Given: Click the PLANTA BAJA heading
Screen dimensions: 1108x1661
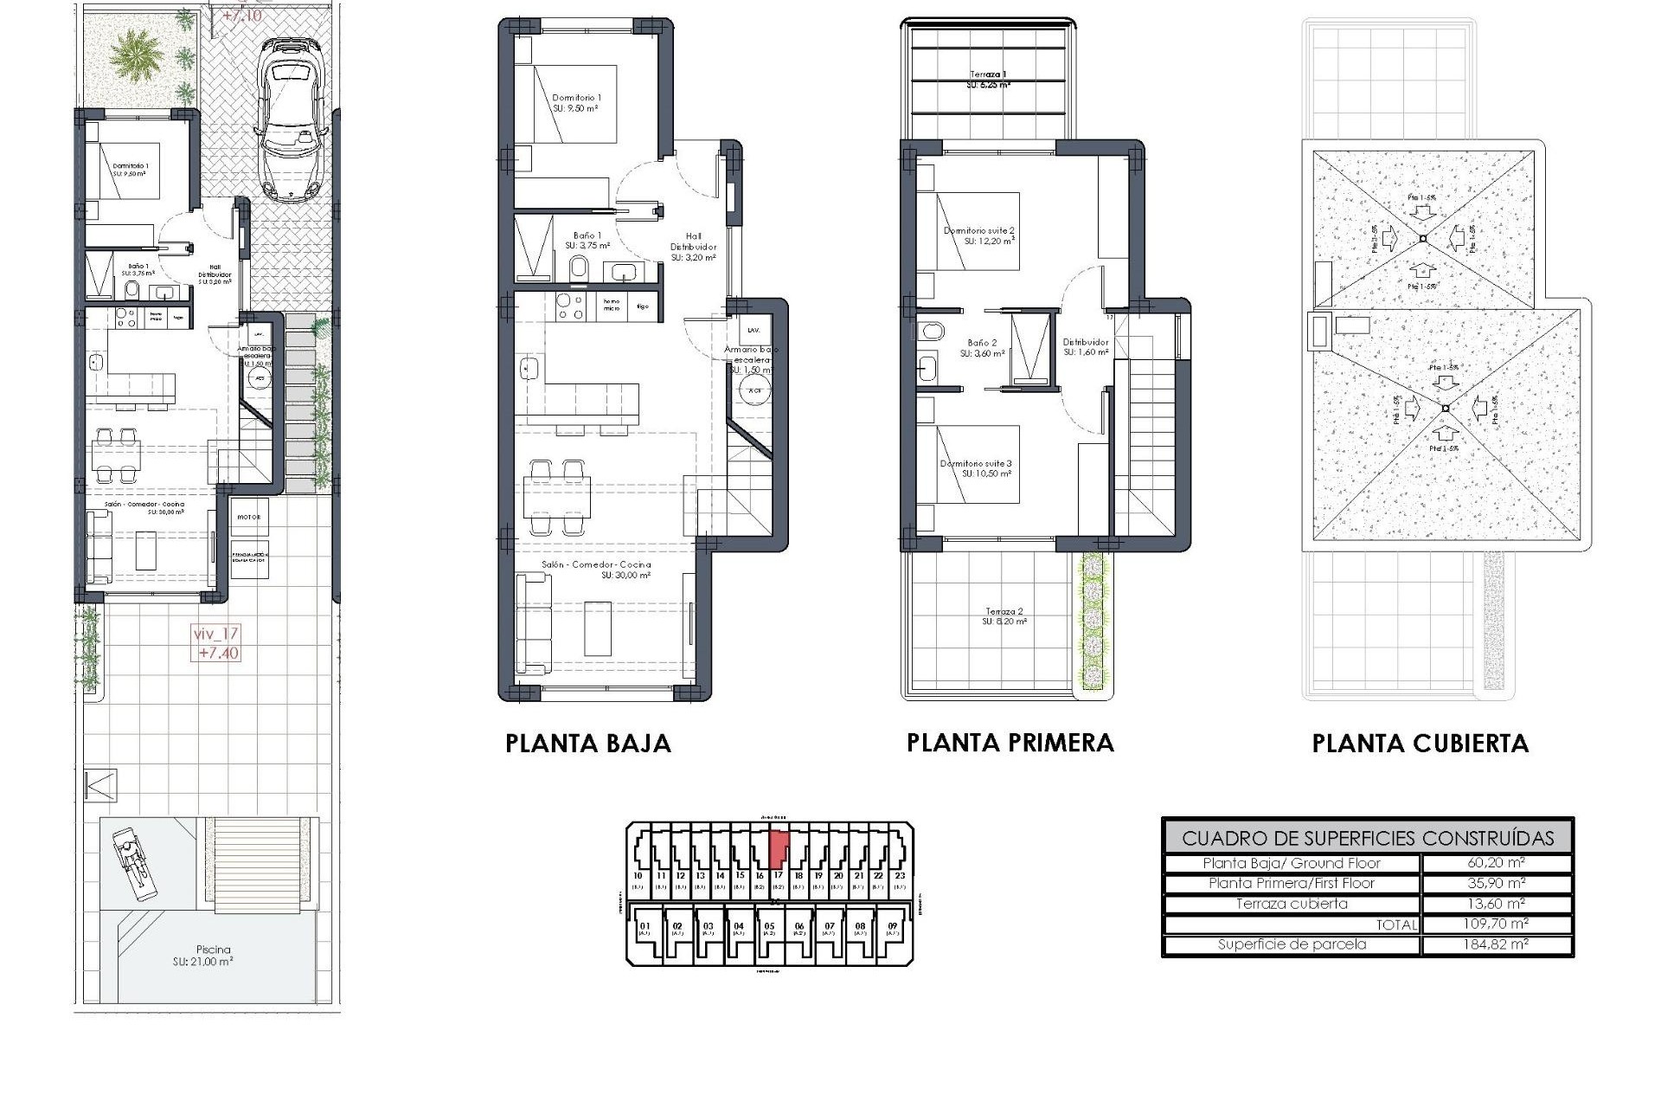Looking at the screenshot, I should pos(587,744).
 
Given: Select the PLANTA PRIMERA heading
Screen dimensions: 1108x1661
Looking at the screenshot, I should pos(1010,743).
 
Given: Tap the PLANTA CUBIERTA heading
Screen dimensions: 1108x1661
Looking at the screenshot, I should pos(1420,744).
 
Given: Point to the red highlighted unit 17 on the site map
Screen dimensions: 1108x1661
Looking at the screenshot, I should pos(778,848).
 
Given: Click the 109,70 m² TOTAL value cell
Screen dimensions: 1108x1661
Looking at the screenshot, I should pos(1496,924).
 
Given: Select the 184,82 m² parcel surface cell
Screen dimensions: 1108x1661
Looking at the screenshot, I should pos(1496,944).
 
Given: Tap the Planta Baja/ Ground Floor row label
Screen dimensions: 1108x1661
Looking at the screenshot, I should pos(1292,863).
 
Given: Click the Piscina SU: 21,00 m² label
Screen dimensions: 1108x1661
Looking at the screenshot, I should pos(202,956).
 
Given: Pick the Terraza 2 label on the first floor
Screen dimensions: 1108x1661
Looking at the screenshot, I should pos(1004,616).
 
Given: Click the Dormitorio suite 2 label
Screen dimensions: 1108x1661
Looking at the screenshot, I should pos(978,235).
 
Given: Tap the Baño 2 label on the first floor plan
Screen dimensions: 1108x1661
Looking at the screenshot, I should pos(982,348).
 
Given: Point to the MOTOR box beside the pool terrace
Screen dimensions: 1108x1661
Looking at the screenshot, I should pos(249,517).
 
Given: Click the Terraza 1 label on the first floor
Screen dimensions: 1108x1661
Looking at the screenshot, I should pos(987,80).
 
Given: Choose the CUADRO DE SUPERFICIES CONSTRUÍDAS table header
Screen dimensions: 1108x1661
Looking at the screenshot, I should pos(1367,838).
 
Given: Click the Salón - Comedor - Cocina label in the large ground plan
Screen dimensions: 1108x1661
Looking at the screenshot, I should pos(596,569).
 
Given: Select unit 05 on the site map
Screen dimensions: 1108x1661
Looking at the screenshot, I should pos(769,929).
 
